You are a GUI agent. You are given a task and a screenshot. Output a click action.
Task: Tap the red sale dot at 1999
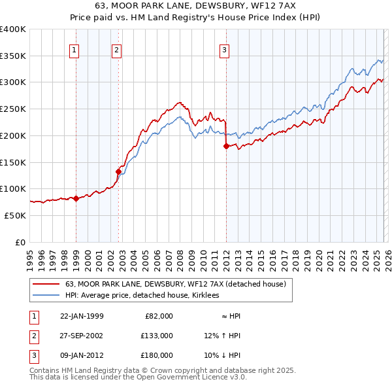[76, 198]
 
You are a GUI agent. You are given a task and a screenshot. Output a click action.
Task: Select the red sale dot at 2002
[118, 171]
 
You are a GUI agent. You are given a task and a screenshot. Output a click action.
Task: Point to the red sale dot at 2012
[226, 146]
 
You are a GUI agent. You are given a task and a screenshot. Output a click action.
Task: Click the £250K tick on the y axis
[12, 109]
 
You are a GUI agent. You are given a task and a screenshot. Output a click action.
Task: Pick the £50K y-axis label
[14, 215]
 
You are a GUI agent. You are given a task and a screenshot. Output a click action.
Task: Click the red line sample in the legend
[46, 285]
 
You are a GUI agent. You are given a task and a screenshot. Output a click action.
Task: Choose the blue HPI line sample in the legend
[46, 296]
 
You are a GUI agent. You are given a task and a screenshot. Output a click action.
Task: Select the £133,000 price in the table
[156, 336]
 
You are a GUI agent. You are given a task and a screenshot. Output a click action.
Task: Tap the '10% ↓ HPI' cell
[222, 355]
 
